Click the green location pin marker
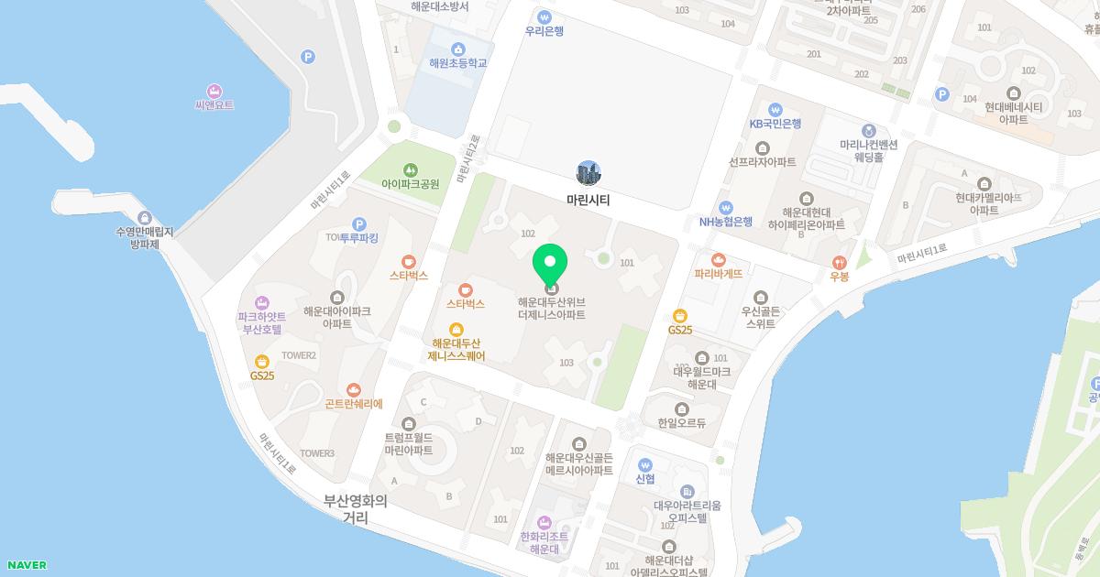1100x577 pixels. coord(550,265)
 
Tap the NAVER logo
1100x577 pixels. coord(26,565)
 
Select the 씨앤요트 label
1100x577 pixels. coord(214,105)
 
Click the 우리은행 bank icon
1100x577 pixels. coord(544,16)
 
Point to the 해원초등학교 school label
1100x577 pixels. coord(457,63)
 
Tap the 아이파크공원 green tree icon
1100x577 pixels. coord(410,169)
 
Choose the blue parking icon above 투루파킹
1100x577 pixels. coord(359,223)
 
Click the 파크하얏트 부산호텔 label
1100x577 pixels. coord(262,322)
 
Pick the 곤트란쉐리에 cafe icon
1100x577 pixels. coord(354,390)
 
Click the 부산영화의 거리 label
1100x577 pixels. coord(356,509)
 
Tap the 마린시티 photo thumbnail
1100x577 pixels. coord(588,172)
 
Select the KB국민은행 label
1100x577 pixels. coord(775,124)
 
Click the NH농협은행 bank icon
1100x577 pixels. coord(725,207)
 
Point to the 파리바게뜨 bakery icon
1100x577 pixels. coord(719,259)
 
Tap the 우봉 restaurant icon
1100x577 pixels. coord(839,262)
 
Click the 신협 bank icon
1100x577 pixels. coord(645,464)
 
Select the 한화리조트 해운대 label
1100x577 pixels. coord(544,542)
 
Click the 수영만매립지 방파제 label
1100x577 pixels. coord(145,238)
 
